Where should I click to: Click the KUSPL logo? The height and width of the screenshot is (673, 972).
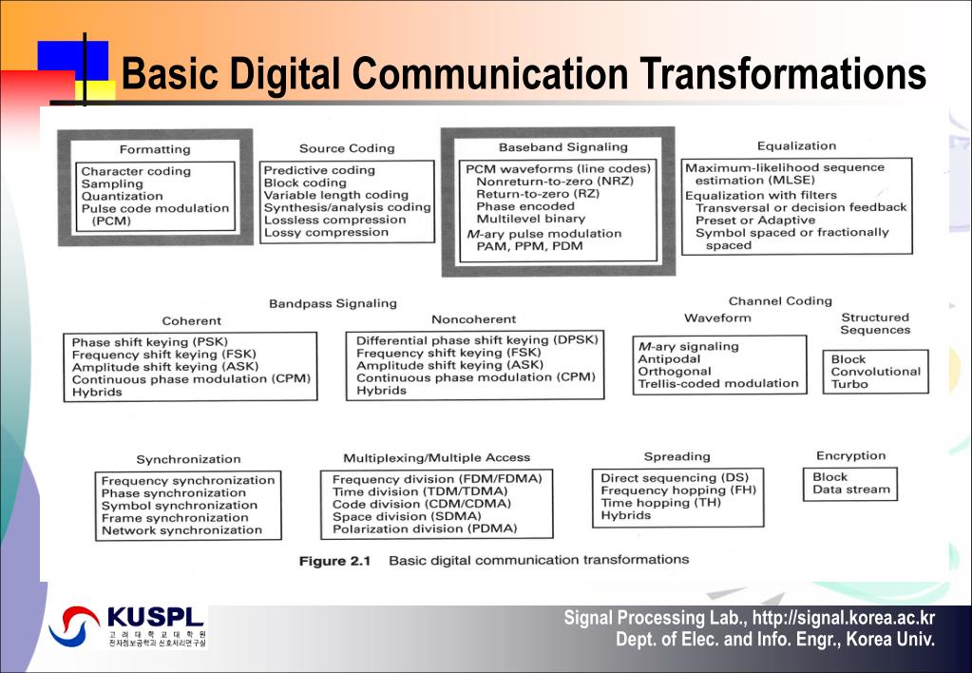point(127,625)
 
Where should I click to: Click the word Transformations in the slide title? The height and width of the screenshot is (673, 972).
point(781,73)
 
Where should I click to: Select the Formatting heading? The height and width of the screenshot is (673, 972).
point(155,149)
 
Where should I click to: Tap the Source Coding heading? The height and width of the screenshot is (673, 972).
point(346,148)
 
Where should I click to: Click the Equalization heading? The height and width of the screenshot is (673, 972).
point(796,145)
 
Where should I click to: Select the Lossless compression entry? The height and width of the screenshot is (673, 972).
point(334,220)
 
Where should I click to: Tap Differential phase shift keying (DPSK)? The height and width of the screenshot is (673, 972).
point(478,339)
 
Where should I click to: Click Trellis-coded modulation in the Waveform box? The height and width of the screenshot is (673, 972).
point(717,383)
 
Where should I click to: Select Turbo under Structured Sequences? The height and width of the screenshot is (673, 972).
point(848,384)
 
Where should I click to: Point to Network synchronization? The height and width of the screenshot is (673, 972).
point(181,530)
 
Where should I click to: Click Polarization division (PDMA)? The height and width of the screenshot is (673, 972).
point(424,529)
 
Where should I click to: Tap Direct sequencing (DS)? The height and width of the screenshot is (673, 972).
point(674,477)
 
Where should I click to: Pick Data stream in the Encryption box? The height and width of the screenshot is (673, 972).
point(850,490)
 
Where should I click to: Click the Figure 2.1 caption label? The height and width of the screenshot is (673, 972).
point(334,561)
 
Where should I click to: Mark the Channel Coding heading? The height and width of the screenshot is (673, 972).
point(780,300)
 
